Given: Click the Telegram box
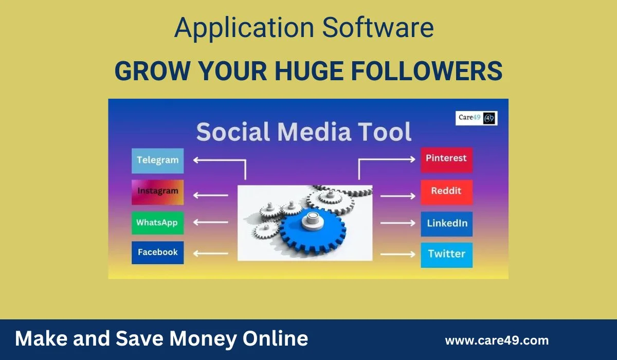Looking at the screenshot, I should coord(157,160).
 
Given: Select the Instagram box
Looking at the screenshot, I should coord(157,191).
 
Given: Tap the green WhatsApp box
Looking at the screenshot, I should coord(157,223).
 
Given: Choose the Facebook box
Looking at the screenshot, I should coord(157,253).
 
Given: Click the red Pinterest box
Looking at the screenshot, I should coord(446,159).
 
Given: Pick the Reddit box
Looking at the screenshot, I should coord(446,191).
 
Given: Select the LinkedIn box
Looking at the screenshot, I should coord(446,224).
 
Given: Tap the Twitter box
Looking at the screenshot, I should coord(446,255).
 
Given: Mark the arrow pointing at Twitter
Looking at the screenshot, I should coord(397,254).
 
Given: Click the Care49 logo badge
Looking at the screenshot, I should coord(477,118).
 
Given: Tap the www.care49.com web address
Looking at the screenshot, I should coord(496,340).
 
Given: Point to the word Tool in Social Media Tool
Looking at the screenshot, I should coord(384,132).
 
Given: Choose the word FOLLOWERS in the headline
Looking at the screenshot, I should coord(427,71).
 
